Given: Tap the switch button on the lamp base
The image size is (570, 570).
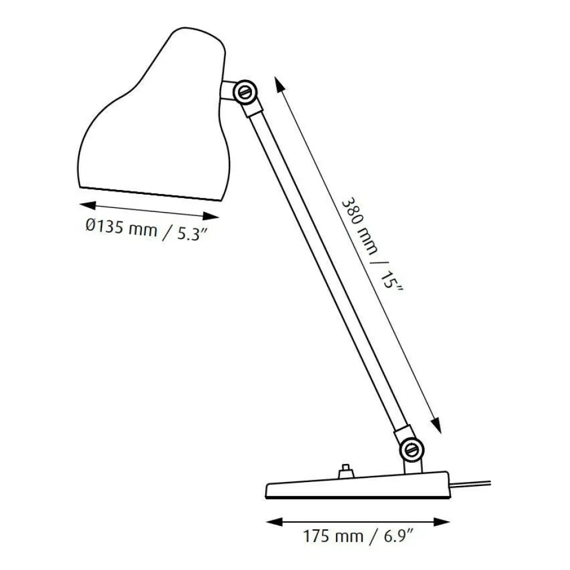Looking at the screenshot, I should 346,470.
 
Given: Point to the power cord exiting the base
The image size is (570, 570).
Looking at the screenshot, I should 472,482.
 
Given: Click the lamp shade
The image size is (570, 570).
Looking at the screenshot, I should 154,116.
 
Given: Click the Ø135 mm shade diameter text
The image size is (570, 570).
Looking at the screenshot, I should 120,227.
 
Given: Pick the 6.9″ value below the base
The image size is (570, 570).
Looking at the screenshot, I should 397,535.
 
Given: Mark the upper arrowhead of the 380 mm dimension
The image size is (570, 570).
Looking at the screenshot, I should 280,85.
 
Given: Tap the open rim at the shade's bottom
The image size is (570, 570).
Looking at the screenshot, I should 151,194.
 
